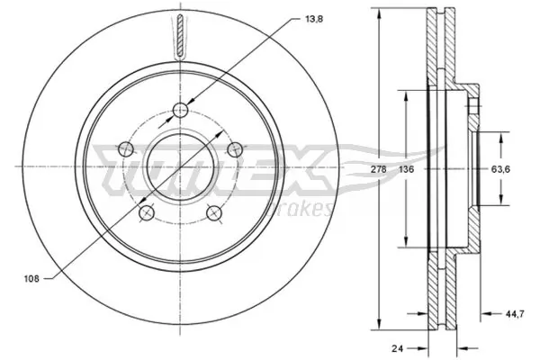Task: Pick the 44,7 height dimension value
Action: point(511,313)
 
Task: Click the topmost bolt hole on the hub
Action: point(180,110)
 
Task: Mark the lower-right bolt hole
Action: point(214,213)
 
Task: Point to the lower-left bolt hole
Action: point(146,213)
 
